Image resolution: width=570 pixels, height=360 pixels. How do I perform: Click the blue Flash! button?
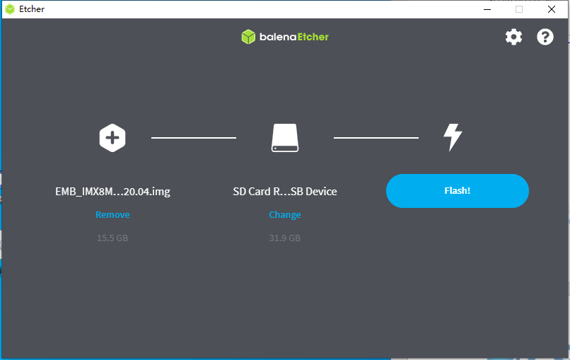pyautogui.click(x=458, y=191)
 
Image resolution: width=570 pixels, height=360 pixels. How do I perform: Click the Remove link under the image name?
pyautogui.click(x=112, y=214)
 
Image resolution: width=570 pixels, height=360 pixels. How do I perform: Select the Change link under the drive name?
pyautogui.click(x=284, y=215)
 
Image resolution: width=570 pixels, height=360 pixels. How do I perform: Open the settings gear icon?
pyautogui.click(x=513, y=37)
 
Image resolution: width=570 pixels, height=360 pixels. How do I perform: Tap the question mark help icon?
pyautogui.click(x=545, y=37)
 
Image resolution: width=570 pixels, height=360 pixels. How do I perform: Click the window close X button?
pyautogui.click(x=552, y=9)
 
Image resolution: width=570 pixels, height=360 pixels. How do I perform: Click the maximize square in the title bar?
pyautogui.click(x=519, y=9)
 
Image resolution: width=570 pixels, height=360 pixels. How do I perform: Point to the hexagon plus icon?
pyautogui.click(x=112, y=138)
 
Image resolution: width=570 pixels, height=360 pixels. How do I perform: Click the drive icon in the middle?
pyautogui.click(x=285, y=138)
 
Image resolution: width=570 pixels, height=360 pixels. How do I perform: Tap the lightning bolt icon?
pyautogui.click(x=452, y=137)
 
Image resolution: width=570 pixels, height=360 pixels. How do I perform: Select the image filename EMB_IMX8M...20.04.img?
pyautogui.click(x=112, y=192)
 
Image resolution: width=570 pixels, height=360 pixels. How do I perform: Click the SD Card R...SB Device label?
pyautogui.click(x=285, y=191)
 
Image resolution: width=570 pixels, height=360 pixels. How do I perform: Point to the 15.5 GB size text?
pyautogui.click(x=112, y=238)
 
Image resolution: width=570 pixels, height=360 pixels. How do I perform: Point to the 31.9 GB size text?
pyautogui.click(x=284, y=238)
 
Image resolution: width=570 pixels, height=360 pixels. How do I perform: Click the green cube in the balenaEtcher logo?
pyautogui.click(x=248, y=37)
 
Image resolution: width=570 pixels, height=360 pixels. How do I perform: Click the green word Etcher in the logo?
pyautogui.click(x=313, y=37)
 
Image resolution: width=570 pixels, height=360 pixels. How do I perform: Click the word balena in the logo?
pyautogui.click(x=278, y=37)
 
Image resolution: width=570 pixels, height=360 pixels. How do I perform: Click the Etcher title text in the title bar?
pyautogui.click(x=32, y=9)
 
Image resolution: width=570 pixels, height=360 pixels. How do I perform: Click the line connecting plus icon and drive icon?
pyautogui.click(x=194, y=138)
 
